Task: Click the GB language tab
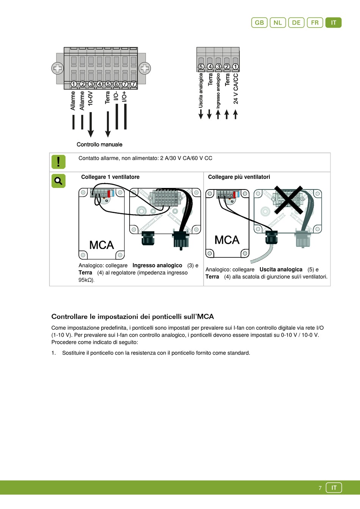259,23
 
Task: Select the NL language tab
278,23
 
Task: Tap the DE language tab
296,23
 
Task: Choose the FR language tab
315,23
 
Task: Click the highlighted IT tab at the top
333,23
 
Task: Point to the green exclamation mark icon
58,162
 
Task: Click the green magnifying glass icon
58,181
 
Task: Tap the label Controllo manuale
99,144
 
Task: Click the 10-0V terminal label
91,98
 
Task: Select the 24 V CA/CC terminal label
236,89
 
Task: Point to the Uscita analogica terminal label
201,90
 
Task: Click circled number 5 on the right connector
201,67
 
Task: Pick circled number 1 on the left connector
74,84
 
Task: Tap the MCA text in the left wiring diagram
102,245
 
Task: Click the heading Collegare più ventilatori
239,177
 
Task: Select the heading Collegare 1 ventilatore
110,177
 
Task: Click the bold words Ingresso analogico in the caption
157,266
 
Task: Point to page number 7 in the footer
320,488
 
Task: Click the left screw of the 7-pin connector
58,68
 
